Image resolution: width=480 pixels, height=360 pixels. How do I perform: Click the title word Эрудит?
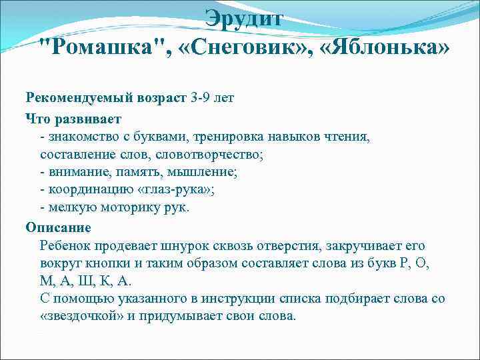(x=244, y=17)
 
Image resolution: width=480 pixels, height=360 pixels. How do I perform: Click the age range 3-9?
(x=201, y=98)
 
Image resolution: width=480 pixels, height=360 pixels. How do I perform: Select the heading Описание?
(x=58, y=227)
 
